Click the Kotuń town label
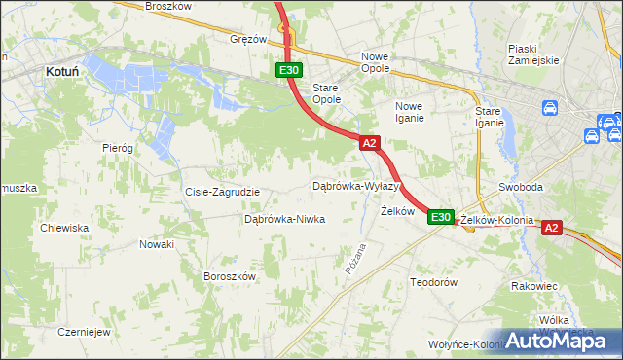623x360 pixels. pyautogui.click(x=62, y=71)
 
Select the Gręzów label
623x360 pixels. pyautogui.click(x=248, y=40)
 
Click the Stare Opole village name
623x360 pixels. pyautogui.click(x=325, y=93)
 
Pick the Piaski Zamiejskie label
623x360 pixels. pyautogui.click(x=533, y=54)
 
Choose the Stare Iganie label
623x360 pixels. pyautogui.click(x=489, y=117)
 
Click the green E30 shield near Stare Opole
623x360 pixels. pyautogui.click(x=288, y=71)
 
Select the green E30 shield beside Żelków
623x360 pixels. pyautogui.click(x=440, y=217)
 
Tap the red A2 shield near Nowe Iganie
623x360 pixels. pyautogui.click(x=369, y=143)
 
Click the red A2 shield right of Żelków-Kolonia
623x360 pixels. pyautogui.click(x=551, y=228)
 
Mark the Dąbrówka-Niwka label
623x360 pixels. pyautogui.click(x=284, y=220)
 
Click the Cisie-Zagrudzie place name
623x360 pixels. pyautogui.click(x=222, y=192)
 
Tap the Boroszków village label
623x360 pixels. pyautogui.click(x=229, y=276)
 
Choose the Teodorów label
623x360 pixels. pyautogui.click(x=433, y=282)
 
